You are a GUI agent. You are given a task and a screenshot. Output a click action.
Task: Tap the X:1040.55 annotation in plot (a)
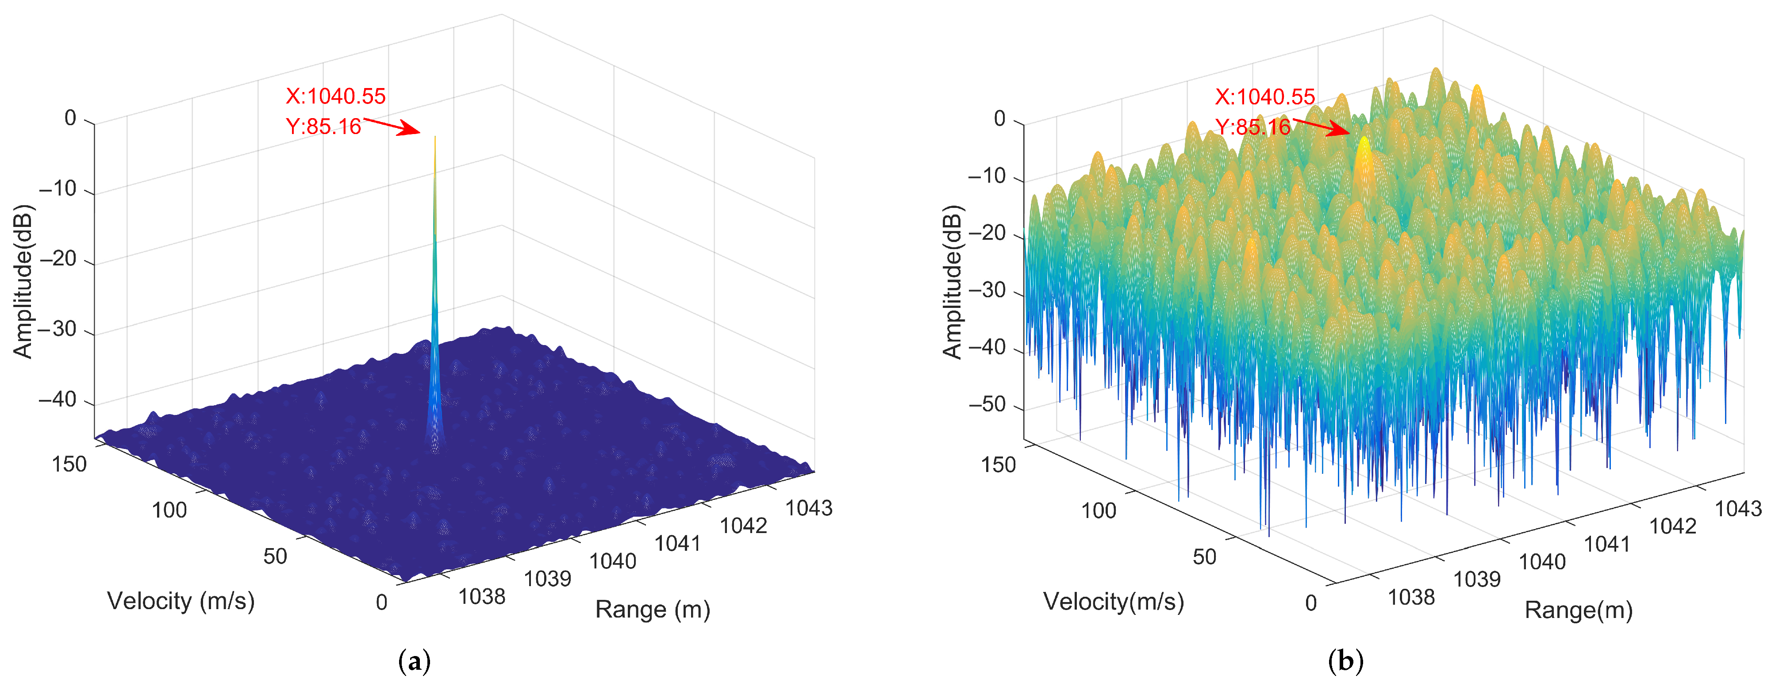tap(335, 96)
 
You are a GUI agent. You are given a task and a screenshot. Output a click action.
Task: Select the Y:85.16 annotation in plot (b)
tap(1252, 127)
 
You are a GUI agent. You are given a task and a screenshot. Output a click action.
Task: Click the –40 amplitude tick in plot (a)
tap(58, 399)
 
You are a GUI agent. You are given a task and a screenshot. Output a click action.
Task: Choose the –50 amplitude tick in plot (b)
tap(987, 404)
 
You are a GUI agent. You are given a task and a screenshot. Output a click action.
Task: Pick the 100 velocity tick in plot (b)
tap(1099, 510)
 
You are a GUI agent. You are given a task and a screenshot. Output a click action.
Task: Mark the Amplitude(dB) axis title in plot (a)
tap(23, 281)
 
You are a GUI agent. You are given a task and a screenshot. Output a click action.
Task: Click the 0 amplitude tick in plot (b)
tap(1000, 119)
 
